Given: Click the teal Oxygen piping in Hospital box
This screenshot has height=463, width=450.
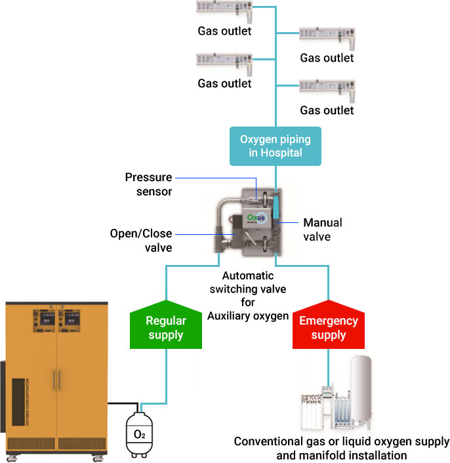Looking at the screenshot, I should pyautogui.click(x=275, y=146).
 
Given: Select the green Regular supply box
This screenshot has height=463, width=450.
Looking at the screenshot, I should pyautogui.click(x=165, y=327).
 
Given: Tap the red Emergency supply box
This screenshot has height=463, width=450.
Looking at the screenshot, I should pyautogui.click(x=328, y=327).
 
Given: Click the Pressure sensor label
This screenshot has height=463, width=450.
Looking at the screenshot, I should pyautogui.click(x=149, y=184).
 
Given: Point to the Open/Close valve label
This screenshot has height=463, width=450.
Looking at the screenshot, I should pyautogui.click(x=141, y=240).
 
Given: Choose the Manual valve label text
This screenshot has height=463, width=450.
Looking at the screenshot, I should pyautogui.click(x=322, y=229).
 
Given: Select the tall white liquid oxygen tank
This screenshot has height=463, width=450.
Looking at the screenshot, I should pyautogui.click(x=363, y=391).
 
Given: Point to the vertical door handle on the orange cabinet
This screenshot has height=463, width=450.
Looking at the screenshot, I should pyautogui.click(x=57, y=380).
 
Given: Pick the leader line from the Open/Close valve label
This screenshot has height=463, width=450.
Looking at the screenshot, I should pyautogui.click(x=197, y=233).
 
